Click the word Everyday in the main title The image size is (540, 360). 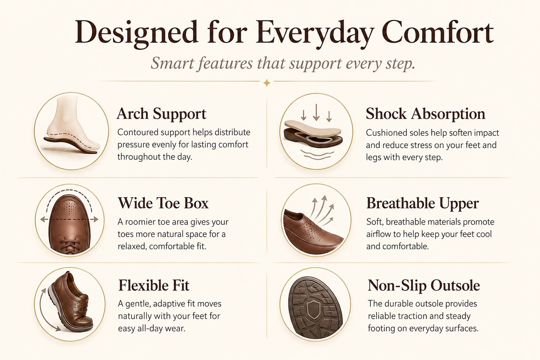point(315,34)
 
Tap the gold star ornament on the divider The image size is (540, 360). point(266,83)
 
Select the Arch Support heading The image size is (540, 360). point(161,114)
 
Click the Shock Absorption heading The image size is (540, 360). point(425,114)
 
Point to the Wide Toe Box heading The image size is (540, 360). point(163,203)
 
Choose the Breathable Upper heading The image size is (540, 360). point(423,204)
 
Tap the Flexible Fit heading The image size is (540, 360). point(154,285)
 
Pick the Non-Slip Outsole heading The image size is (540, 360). point(424,286)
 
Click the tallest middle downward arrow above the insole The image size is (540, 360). point(316,112)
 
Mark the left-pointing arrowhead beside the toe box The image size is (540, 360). point(43,219)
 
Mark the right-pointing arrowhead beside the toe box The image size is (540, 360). point(96,219)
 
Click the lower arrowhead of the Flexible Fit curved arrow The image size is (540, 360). point(58,329)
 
